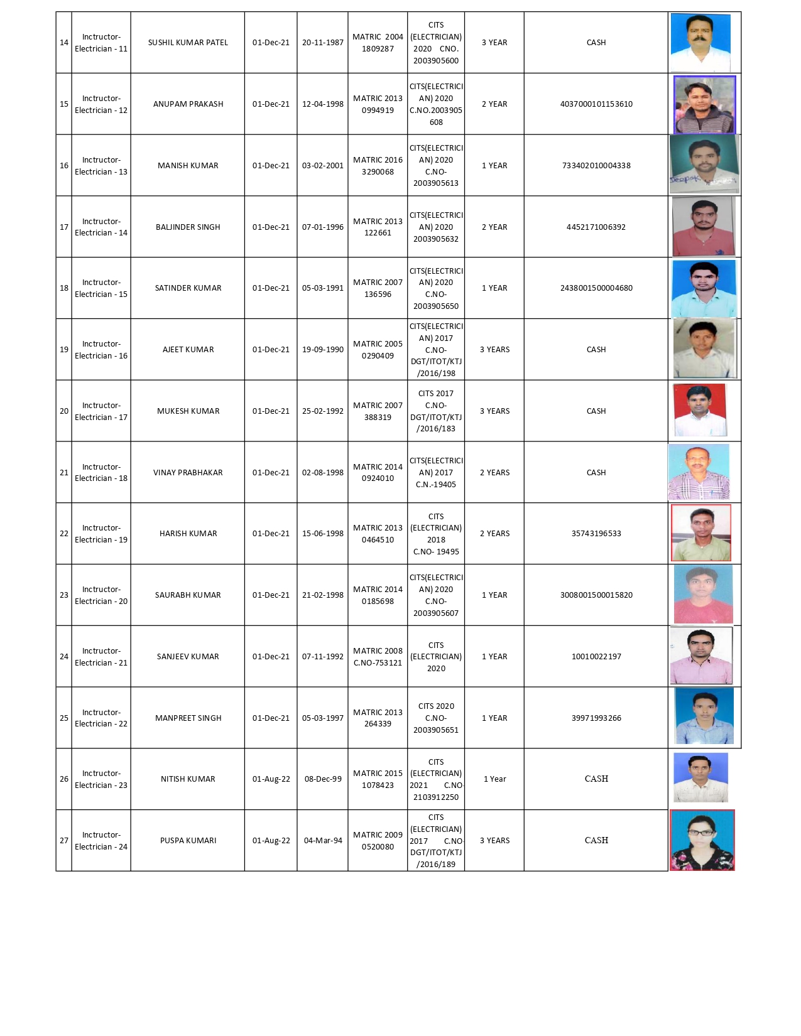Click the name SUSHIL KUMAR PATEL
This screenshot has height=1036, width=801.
click(x=188, y=43)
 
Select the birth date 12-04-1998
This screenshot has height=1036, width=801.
click(x=322, y=104)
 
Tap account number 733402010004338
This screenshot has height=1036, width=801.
click(x=596, y=166)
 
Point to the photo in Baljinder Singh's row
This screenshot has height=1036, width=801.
click(x=703, y=227)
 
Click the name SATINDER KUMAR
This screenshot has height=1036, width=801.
click(x=188, y=288)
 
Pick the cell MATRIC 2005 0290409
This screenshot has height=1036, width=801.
click(x=378, y=350)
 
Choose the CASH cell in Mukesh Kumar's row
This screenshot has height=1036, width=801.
click(x=596, y=411)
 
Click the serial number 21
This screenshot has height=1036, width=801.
click(x=64, y=473)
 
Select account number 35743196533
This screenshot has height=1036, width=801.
click(x=596, y=534)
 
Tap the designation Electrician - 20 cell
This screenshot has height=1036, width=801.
click(x=101, y=595)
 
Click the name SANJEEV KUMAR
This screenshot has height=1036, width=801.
click(x=188, y=657)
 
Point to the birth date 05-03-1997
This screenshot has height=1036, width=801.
click(x=322, y=718)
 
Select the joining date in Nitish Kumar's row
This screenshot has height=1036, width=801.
click(x=271, y=779)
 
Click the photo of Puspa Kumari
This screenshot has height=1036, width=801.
click(x=702, y=840)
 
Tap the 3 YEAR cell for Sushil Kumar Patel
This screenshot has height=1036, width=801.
click(x=494, y=43)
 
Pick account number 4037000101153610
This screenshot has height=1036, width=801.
click(x=596, y=104)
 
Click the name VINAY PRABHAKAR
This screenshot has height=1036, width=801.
click(x=188, y=473)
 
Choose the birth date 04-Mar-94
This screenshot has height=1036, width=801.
click(x=322, y=841)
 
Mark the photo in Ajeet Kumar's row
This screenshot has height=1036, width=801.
click(x=703, y=348)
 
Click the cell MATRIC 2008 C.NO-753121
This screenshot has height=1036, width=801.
click(x=378, y=657)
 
